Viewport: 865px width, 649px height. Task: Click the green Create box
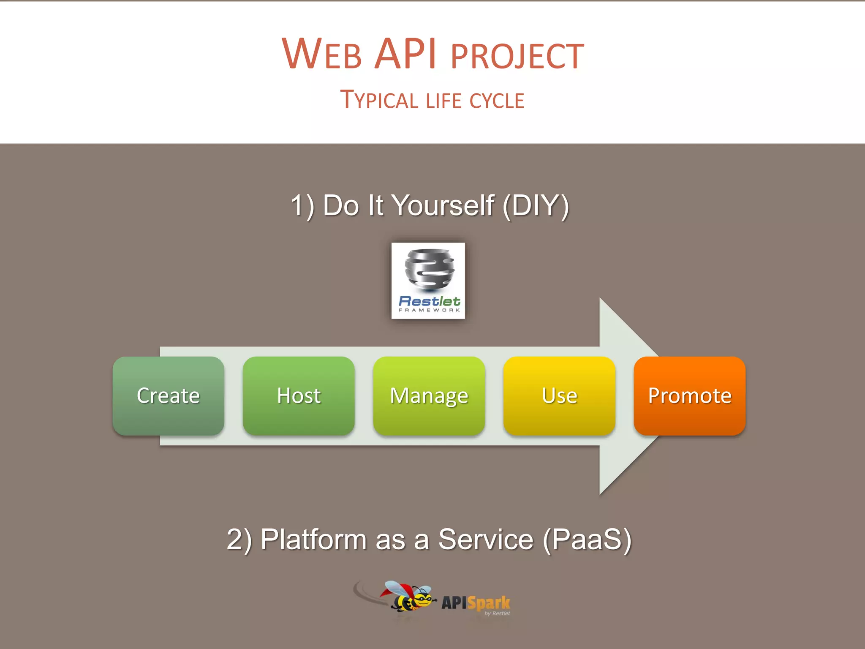pyautogui.click(x=168, y=396)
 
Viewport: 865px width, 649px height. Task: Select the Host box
pyautogui.click(x=299, y=396)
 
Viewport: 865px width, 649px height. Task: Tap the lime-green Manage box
pyautogui.click(x=429, y=396)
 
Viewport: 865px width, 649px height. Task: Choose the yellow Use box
pyautogui.click(x=559, y=396)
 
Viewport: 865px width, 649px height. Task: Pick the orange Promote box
pyautogui.click(x=689, y=396)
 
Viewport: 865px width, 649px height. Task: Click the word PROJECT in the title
pyautogui.click(x=517, y=56)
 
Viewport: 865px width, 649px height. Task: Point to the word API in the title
pyautogui.click(x=405, y=54)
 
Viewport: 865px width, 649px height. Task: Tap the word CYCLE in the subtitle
pyautogui.click(x=497, y=101)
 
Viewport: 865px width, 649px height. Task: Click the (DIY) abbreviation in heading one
pyautogui.click(x=536, y=206)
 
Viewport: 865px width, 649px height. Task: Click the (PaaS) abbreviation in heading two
pyautogui.click(x=587, y=540)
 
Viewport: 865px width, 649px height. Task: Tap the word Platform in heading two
pyautogui.click(x=313, y=540)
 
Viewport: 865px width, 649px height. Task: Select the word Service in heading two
pyautogui.click(x=486, y=540)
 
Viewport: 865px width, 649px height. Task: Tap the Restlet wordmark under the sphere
pyautogui.click(x=429, y=301)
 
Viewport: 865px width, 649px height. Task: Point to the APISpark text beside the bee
pyautogui.click(x=476, y=603)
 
